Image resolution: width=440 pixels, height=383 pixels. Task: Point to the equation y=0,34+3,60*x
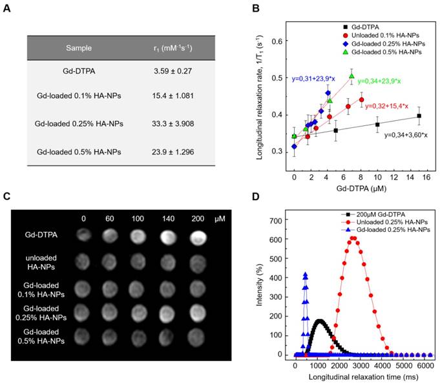[405, 135]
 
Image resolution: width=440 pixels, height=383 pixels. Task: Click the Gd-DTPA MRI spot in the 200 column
[198, 236]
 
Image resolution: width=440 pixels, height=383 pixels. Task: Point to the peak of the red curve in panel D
[353, 238]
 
